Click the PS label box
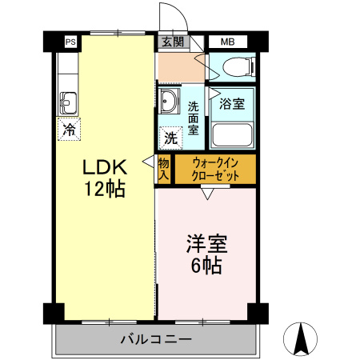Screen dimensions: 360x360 point(71,42)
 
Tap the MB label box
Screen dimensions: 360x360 point(227,42)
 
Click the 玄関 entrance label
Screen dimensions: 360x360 point(171,42)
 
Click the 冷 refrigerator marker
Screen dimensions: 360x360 point(70,127)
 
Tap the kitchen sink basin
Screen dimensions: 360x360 point(68,102)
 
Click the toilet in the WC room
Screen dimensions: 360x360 point(238,67)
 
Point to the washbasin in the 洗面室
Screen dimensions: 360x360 point(170,102)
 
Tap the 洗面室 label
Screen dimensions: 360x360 point(194,115)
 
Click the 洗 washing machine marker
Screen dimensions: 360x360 point(171,137)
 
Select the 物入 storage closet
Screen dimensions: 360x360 point(164,169)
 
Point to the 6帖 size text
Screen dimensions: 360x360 point(206,265)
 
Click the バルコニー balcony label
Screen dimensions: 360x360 point(156,339)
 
